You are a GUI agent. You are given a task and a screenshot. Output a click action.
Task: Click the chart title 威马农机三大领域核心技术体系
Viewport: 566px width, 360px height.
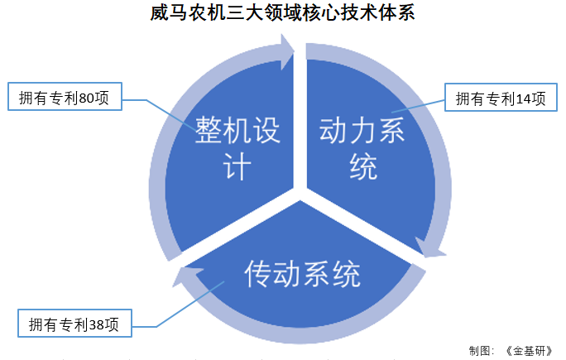point(283,14)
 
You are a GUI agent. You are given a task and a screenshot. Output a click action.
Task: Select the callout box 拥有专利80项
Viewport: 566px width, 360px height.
point(64,98)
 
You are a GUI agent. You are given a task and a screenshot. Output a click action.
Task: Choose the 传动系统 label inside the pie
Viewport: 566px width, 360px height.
point(302,274)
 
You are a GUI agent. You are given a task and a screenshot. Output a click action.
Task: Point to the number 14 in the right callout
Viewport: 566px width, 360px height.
point(523,98)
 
